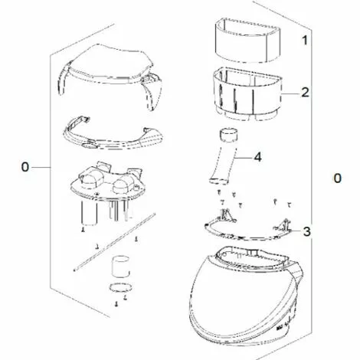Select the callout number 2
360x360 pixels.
305,93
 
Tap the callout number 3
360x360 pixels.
306,231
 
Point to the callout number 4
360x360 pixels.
258,157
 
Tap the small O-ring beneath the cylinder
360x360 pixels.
117,289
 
